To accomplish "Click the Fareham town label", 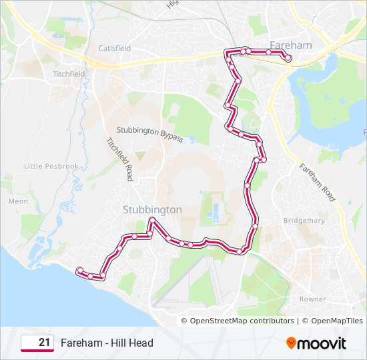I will coord(290,45).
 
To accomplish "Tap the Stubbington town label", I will coord(152,209).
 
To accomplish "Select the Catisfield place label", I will coord(115,49).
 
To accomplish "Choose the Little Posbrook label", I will coord(51,166).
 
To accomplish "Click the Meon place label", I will coord(19,201).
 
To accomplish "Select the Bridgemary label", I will coord(304,220).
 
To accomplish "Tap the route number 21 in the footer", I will coord(44,343).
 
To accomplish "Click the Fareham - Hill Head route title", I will coord(107,343).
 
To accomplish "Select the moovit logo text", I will coord(322,343).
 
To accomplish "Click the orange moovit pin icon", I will coord(291,343).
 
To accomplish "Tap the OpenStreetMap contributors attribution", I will coord(242,321).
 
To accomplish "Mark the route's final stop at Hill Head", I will coord(79,269).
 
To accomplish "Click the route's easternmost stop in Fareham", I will coord(289,59).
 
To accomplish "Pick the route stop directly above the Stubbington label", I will coord(153,220).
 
